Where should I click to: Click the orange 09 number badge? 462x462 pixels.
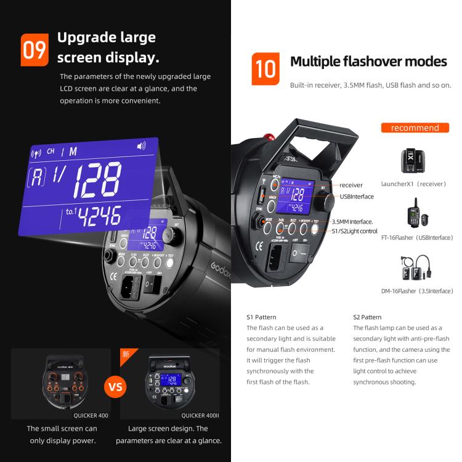34,50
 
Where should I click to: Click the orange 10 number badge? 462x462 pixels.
265,69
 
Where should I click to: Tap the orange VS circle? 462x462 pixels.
115,387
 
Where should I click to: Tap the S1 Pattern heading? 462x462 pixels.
262,317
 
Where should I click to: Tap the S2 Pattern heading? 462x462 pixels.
368,317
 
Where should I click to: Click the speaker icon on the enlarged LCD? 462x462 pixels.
141,146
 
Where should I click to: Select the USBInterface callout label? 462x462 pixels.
357,197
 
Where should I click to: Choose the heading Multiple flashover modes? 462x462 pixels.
368,62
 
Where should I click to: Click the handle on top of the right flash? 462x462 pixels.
315,142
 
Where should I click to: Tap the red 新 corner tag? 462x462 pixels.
126,354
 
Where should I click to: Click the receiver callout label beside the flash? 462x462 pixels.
351,185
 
